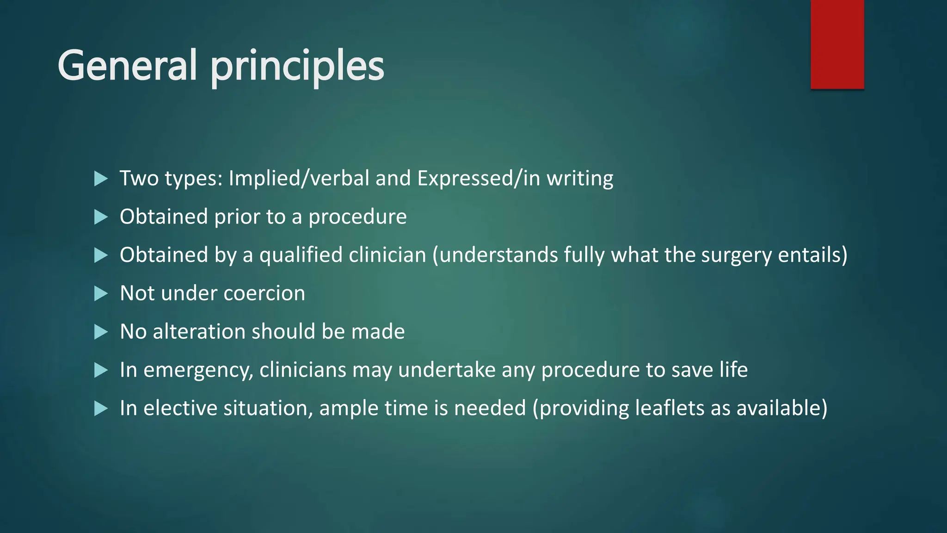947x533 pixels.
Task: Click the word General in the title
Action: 128,65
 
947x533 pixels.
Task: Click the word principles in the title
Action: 297,67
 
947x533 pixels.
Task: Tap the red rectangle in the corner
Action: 837,44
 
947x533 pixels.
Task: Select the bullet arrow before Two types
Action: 100,179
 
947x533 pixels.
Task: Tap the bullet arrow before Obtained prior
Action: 100,217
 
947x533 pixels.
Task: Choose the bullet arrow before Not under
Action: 100,293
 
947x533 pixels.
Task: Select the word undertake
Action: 447,370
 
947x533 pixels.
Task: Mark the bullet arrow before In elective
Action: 100,409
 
